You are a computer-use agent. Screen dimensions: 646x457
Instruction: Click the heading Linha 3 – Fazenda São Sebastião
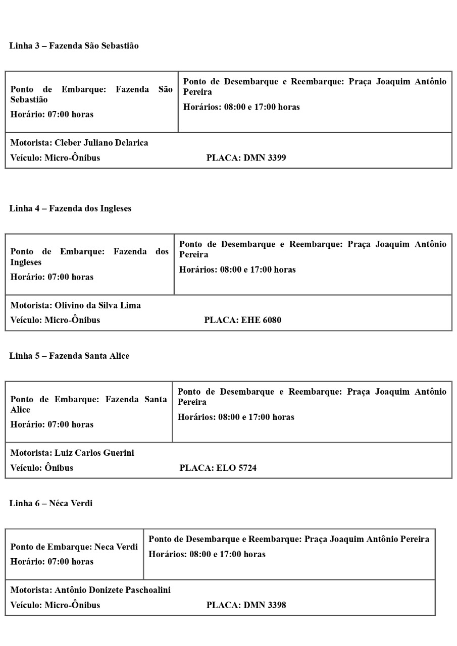click(74, 46)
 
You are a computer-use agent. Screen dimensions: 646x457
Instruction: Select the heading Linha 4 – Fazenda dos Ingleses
click(70, 208)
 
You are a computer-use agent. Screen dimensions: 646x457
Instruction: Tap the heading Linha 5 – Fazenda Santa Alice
click(69, 356)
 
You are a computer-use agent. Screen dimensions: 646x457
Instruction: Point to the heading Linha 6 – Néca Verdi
click(50, 503)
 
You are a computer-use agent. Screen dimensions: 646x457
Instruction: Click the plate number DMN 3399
click(265, 157)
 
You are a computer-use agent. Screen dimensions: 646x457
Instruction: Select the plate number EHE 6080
click(261, 320)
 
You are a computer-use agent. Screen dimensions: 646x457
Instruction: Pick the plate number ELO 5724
click(236, 468)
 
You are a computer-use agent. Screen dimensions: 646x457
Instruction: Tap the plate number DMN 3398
click(265, 605)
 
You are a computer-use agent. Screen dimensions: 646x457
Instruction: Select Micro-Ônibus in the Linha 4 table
click(72, 320)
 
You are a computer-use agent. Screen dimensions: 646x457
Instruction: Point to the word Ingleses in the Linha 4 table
click(26, 262)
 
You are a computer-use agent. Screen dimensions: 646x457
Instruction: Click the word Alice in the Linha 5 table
click(20, 410)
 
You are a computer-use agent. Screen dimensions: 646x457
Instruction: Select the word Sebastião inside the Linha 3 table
click(29, 100)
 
